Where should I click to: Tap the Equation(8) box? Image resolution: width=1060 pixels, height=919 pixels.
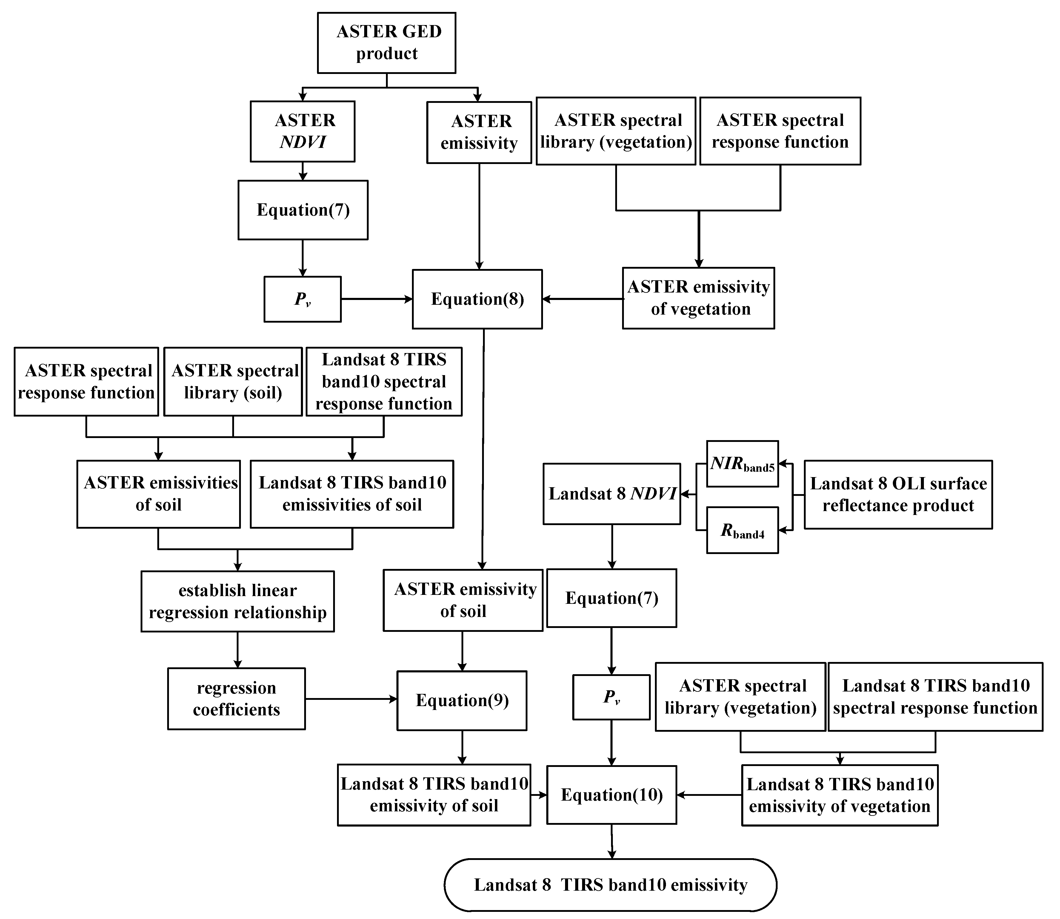pos(477,299)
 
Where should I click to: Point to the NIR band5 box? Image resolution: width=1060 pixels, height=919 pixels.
pos(742,464)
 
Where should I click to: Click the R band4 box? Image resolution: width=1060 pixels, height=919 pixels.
pos(742,530)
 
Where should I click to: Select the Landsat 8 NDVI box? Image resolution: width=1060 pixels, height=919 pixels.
pos(612,494)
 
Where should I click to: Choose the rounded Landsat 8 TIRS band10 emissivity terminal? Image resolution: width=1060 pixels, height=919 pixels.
pos(610,885)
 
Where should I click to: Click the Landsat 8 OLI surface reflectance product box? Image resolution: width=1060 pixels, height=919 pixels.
pos(898,494)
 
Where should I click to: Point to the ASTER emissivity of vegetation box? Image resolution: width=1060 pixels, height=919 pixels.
pos(698,298)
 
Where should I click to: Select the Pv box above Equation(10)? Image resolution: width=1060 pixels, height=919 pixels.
pos(611,697)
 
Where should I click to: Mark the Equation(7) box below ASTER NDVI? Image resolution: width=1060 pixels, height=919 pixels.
pos(303,210)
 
